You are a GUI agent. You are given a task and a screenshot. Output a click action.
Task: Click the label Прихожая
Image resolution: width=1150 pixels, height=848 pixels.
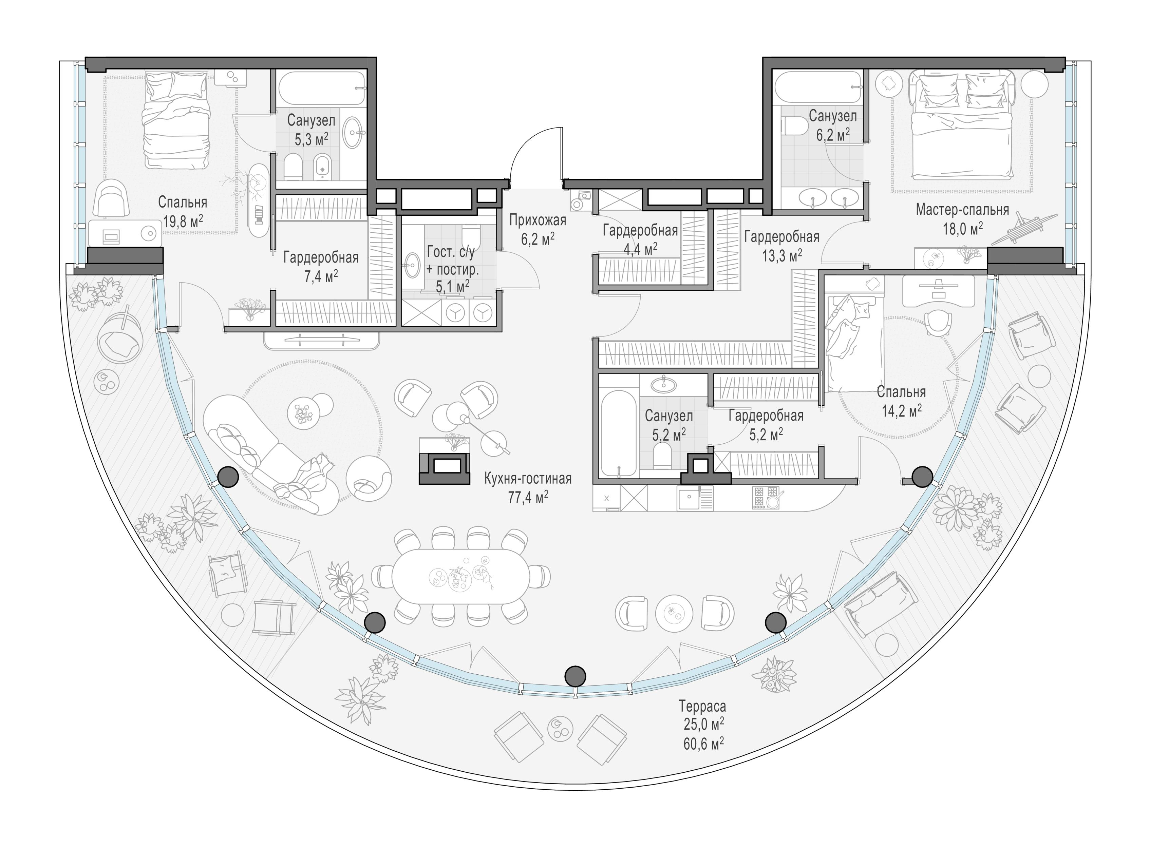tap(538, 220)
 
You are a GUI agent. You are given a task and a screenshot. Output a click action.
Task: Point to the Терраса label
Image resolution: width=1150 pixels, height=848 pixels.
tap(702, 706)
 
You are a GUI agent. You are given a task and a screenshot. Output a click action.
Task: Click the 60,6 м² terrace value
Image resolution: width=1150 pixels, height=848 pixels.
tap(703, 743)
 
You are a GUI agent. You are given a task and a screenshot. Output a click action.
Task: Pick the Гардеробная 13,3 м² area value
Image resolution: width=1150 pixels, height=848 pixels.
tap(781, 255)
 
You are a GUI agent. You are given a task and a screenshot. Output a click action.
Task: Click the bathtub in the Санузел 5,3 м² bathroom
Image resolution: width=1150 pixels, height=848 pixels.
tap(322, 88)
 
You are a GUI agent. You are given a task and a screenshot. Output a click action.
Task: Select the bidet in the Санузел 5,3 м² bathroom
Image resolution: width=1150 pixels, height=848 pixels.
tap(322, 166)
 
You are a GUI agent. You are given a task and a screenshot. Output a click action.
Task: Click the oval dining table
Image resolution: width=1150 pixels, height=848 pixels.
tap(460, 577)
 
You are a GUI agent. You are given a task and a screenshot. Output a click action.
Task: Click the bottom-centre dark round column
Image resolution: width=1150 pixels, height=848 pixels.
tap(575, 676)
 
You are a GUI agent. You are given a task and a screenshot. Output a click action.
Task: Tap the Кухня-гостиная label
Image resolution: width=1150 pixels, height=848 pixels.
tap(528, 478)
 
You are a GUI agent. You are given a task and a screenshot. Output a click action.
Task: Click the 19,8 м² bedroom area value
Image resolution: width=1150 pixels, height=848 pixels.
tap(183, 222)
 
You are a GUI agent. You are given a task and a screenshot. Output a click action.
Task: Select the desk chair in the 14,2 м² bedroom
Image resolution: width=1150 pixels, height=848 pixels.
tap(938, 323)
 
